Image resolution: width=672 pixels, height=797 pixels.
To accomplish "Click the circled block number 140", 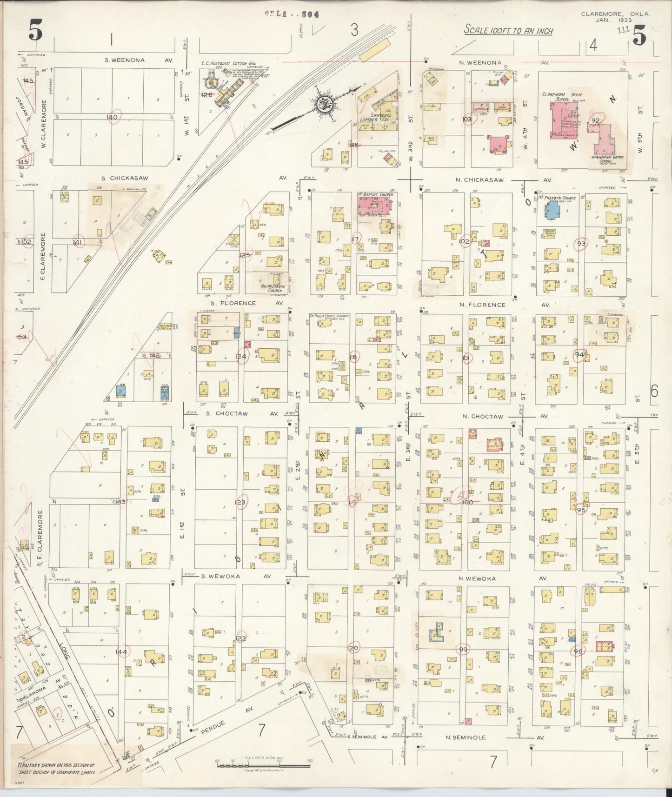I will pyautogui.click(x=112, y=117).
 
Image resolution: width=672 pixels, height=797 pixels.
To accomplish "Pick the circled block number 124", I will pyautogui.click(x=241, y=356).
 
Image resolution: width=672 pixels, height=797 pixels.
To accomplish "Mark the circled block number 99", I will pyautogui.click(x=463, y=650).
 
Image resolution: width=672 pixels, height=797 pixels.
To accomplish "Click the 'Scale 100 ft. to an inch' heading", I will pyautogui.click(x=508, y=31).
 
